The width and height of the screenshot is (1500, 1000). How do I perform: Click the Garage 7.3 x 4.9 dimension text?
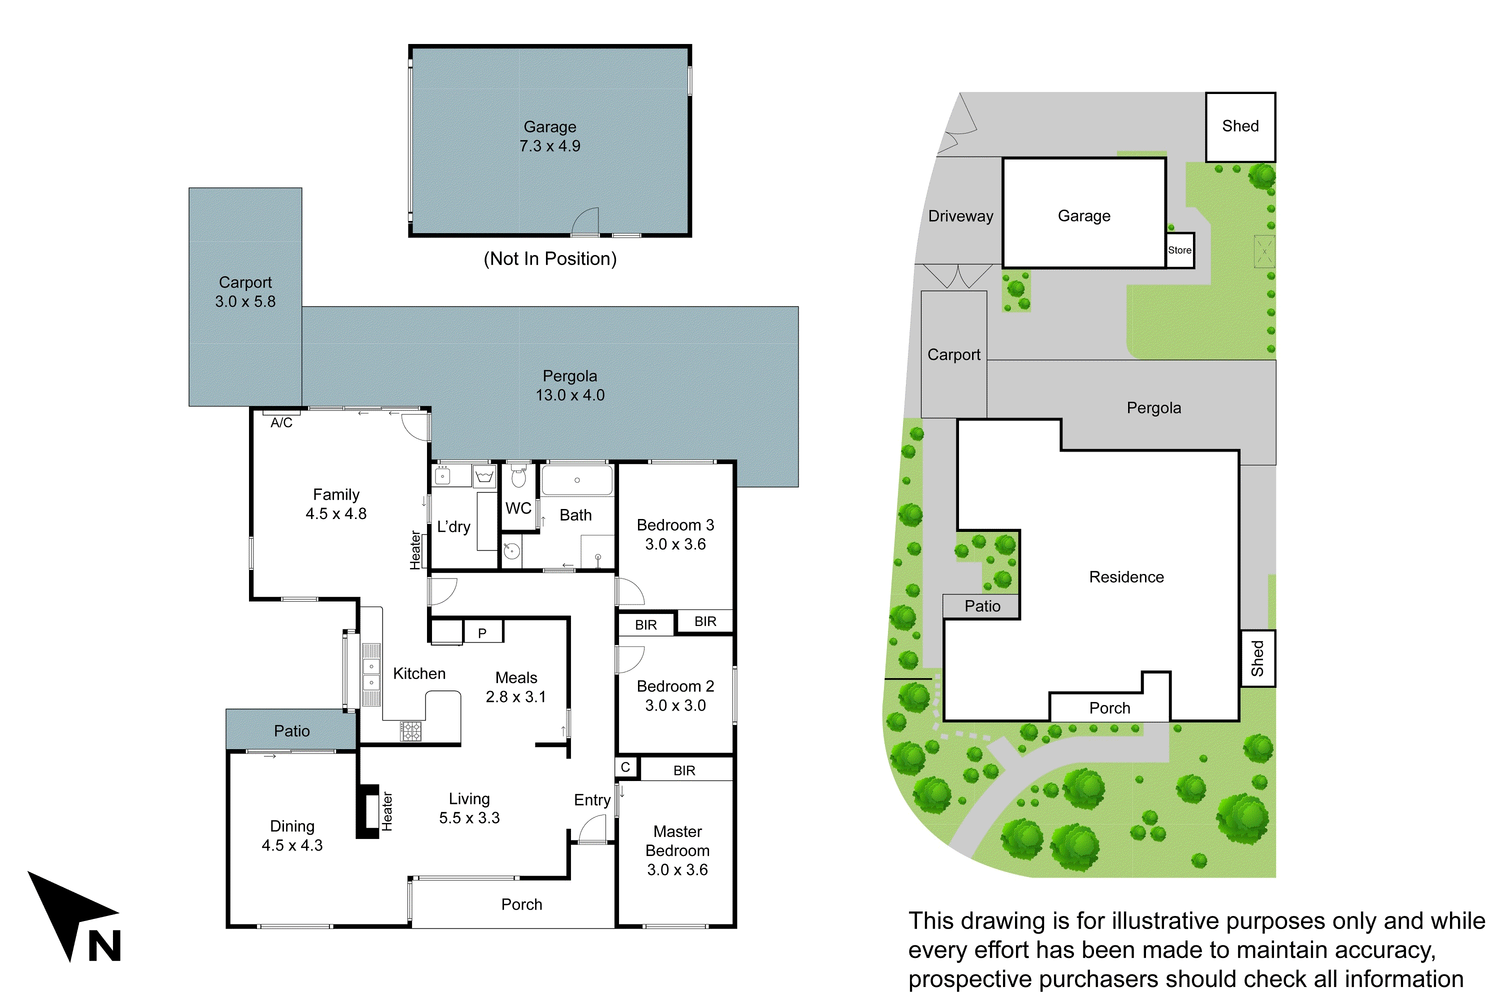(549, 146)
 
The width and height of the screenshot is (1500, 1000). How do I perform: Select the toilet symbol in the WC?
(518, 476)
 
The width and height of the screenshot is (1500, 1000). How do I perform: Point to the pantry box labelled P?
(482, 632)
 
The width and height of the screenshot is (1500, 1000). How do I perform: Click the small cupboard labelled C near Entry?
(625, 767)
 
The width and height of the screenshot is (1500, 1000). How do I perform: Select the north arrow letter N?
(104, 946)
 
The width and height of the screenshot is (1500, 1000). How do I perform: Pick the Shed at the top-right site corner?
(1240, 126)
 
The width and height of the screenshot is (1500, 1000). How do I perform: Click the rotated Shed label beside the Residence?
(1257, 658)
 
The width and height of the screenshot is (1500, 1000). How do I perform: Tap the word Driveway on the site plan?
(960, 216)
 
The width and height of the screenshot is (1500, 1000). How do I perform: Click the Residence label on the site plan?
(1126, 577)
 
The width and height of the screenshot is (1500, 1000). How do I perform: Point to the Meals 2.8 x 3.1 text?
(516, 687)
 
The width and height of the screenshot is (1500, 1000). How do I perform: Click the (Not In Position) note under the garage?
(549, 259)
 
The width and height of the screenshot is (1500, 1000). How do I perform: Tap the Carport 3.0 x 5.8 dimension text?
(245, 301)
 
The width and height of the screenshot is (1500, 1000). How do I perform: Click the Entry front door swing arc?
(592, 829)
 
